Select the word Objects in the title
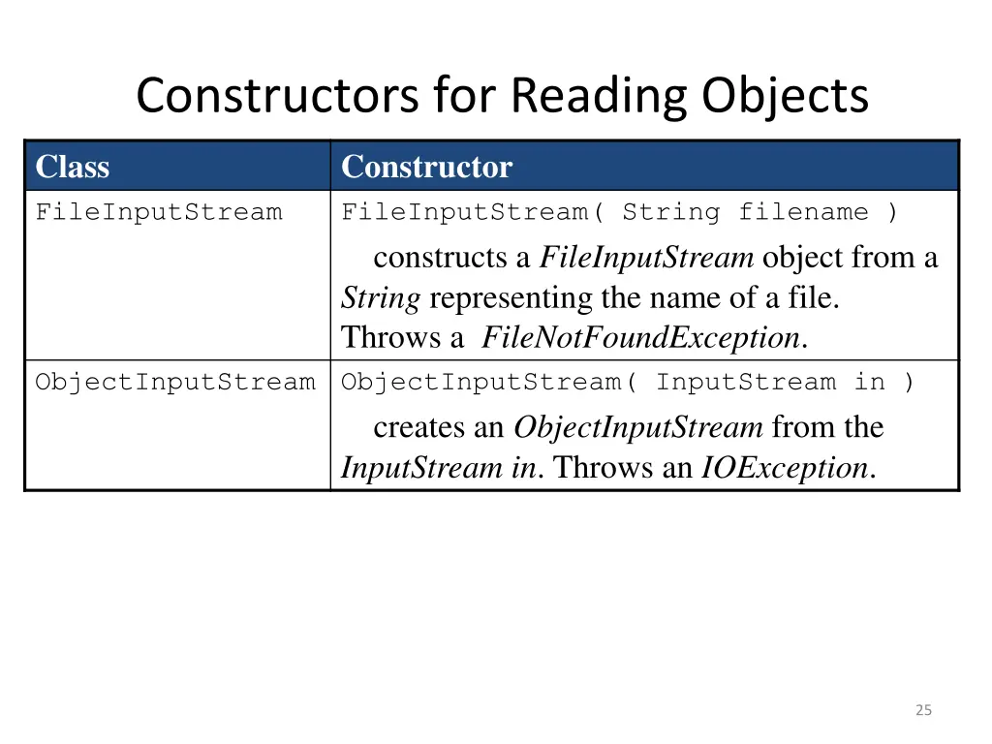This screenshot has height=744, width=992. pyautogui.click(x=785, y=96)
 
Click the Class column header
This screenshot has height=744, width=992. pyautogui.click(x=73, y=167)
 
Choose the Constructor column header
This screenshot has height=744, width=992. pyautogui.click(x=426, y=167)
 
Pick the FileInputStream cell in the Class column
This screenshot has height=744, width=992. pyautogui.click(x=159, y=212)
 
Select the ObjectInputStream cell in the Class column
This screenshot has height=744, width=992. pyautogui.click(x=175, y=382)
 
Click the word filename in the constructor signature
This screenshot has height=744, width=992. pyautogui.click(x=803, y=212)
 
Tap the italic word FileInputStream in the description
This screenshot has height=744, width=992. pyautogui.click(x=646, y=258)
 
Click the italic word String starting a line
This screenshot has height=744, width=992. pyautogui.click(x=380, y=298)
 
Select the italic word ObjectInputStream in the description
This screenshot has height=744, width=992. pyautogui.click(x=638, y=427)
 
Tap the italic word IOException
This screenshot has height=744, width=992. pyautogui.click(x=785, y=468)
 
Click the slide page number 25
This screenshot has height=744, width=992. pyautogui.click(x=923, y=710)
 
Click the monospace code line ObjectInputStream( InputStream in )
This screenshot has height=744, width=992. pyautogui.click(x=627, y=382)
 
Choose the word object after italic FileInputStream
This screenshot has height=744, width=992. pyautogui.click(x=803, y=258)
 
